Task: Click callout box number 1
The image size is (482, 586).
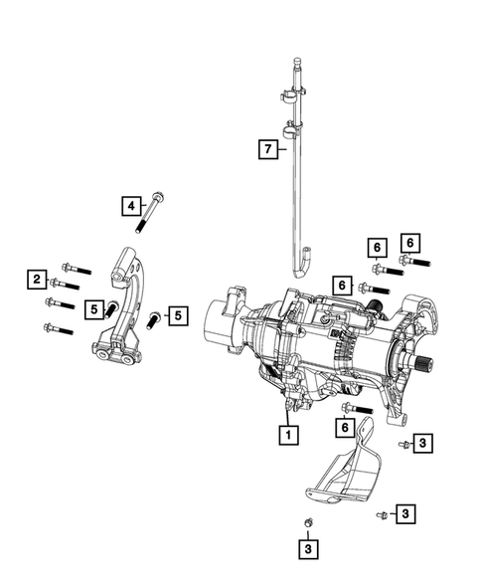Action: [288, 435]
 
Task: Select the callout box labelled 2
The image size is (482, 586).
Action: [36, 281]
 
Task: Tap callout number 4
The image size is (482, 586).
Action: [131, 206]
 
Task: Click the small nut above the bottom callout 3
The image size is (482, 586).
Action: [308, 522]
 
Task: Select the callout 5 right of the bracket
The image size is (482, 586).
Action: [177, 316]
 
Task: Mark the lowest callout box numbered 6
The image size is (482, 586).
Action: [345, 426]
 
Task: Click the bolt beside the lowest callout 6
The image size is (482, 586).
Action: [357, 408]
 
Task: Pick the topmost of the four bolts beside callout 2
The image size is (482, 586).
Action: [76, 268]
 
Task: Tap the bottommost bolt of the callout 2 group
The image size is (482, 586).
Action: [59, 328]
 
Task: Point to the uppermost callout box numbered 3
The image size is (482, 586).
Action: [422, 443]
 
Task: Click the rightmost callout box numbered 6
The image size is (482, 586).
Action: [409, 241]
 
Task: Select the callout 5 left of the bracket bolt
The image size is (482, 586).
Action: [92, 310]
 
